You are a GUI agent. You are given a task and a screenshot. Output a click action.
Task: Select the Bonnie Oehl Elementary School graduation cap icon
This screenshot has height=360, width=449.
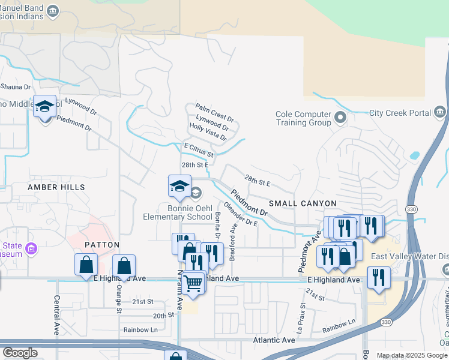tap(179, 187)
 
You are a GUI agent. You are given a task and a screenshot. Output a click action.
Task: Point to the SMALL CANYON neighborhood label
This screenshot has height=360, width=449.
tap(303, 204)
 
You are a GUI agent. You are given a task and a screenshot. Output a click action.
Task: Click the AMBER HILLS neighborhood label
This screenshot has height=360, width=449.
tap(56, 187)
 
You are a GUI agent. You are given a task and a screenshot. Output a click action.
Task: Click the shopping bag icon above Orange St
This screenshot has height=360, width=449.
tap(124, 265)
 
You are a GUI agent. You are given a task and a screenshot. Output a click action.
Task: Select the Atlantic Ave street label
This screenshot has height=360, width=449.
tap(276, 340)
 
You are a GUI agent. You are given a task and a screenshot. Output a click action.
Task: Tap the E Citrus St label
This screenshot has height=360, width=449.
tap(199, 146)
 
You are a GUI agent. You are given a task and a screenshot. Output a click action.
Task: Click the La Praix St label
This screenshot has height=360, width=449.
tap(301, 318)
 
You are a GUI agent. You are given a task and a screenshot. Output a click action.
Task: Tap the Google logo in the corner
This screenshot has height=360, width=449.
tap(19, 353)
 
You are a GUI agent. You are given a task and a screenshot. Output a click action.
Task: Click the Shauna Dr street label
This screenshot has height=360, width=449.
tap(11, 86)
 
